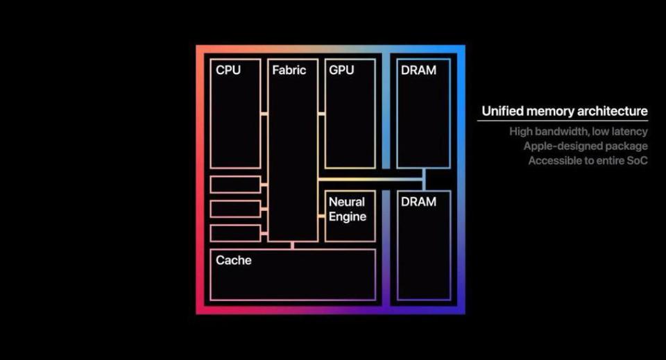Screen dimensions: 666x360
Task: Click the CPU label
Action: pyautogui.click(x=228, y=70)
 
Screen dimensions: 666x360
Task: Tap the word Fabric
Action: pyautogui.click(x=289, y=70)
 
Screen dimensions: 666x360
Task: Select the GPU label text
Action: pyautogui.click(x=341, y=70)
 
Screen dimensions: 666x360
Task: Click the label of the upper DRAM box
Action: pyautogui.click(x=419, y=70)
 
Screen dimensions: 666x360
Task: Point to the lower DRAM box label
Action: pyautogui.click(x=419, y=202)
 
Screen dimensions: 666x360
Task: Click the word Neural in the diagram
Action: pyautogui.click(x=347, y=202)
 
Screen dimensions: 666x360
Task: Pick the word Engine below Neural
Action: pyautogui.click(x=348, y=217)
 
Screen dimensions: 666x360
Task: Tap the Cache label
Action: pyautogui.click(x=234, y=260)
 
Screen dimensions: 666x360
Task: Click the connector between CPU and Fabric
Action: pyautogui.click(x=264, y=114)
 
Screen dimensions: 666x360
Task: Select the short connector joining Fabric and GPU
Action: pyautogui.click(x=321, y=114)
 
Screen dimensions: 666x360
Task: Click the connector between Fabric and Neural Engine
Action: pyautogui.click(x=321, y=216)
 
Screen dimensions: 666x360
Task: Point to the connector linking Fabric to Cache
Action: pyautogui.click(x=292, y=246)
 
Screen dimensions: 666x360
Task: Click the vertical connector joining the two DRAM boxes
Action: pyautogui.click(x=424, y=180)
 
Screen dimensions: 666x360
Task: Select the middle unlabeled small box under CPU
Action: pyautogui.click(x=235, y=209)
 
